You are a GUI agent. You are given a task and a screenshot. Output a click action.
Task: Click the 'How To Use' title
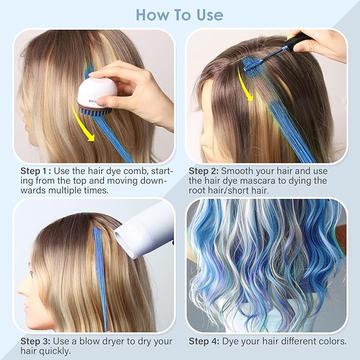click(x=180, y=14)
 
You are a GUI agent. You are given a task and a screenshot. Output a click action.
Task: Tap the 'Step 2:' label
click(x=204, y=171)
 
